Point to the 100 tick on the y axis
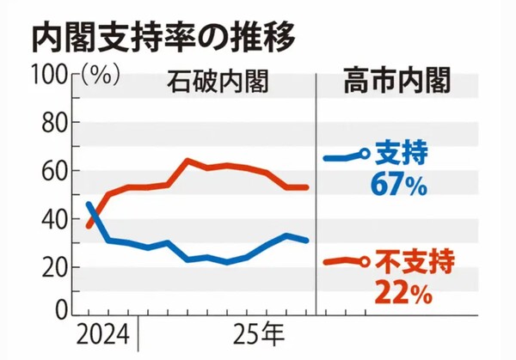click(50, 76)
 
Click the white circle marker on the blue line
click(365, 154)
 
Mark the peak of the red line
click(187, 160)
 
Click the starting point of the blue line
click(89, 204)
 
